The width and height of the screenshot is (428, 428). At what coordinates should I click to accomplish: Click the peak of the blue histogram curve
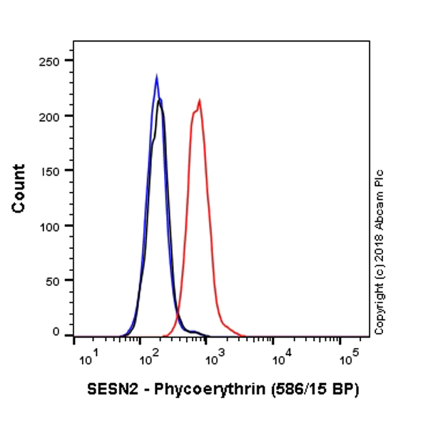156,75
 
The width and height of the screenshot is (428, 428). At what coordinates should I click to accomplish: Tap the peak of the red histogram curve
200,101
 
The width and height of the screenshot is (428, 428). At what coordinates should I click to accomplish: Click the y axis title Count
19,188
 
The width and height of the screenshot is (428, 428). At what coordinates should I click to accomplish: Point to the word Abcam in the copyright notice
379,213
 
